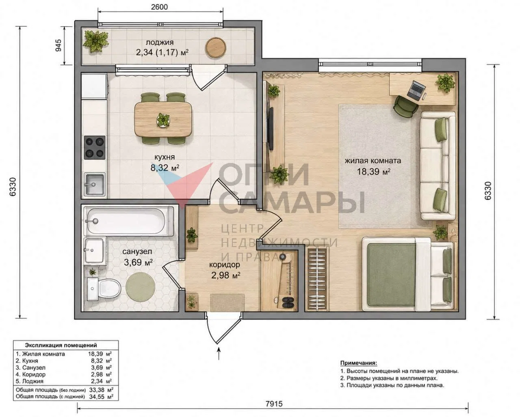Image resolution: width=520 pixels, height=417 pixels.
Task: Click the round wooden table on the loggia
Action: coord(216,47)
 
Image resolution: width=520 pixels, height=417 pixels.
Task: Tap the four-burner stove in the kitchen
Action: coord(95,147)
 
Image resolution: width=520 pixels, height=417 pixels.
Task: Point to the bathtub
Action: coord(128,221)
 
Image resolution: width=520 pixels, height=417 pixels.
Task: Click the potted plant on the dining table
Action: coord(163,119)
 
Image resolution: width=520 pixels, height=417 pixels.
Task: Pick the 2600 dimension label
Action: coord(160,7)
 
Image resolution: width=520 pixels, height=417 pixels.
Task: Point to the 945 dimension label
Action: coord(59,45)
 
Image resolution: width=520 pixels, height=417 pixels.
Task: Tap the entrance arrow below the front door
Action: coord(219,354)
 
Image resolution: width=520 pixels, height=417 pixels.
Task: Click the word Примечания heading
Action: coord(359,370)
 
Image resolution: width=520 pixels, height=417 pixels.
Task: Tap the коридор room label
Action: coord(225,265)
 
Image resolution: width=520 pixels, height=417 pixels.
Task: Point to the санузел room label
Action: coord(137,251)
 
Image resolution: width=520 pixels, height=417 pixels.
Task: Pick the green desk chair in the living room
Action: coord(406,107)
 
